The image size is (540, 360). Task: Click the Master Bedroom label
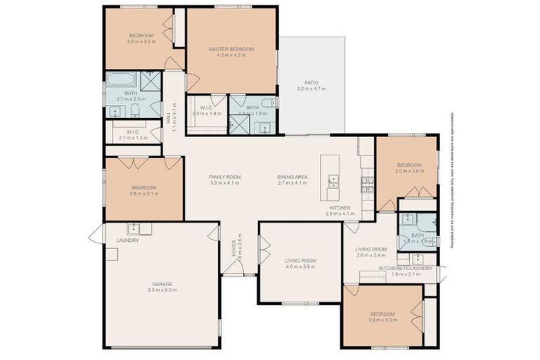point(231,49)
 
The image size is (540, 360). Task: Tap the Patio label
point(311,82)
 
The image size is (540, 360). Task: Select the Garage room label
point(162,284)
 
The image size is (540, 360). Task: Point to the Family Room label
point(225,176)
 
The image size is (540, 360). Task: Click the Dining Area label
point(292,176)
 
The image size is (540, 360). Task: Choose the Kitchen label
point(340,208)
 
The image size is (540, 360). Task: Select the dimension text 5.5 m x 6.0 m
point(162,290)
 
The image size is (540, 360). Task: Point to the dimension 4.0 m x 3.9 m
point(301,267)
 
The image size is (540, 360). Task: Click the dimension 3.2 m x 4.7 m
point(311,89)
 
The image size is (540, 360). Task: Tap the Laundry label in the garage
point(127,240)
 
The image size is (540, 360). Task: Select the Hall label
point(168,117)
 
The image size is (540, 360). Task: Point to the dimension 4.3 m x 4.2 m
point(231,55)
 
